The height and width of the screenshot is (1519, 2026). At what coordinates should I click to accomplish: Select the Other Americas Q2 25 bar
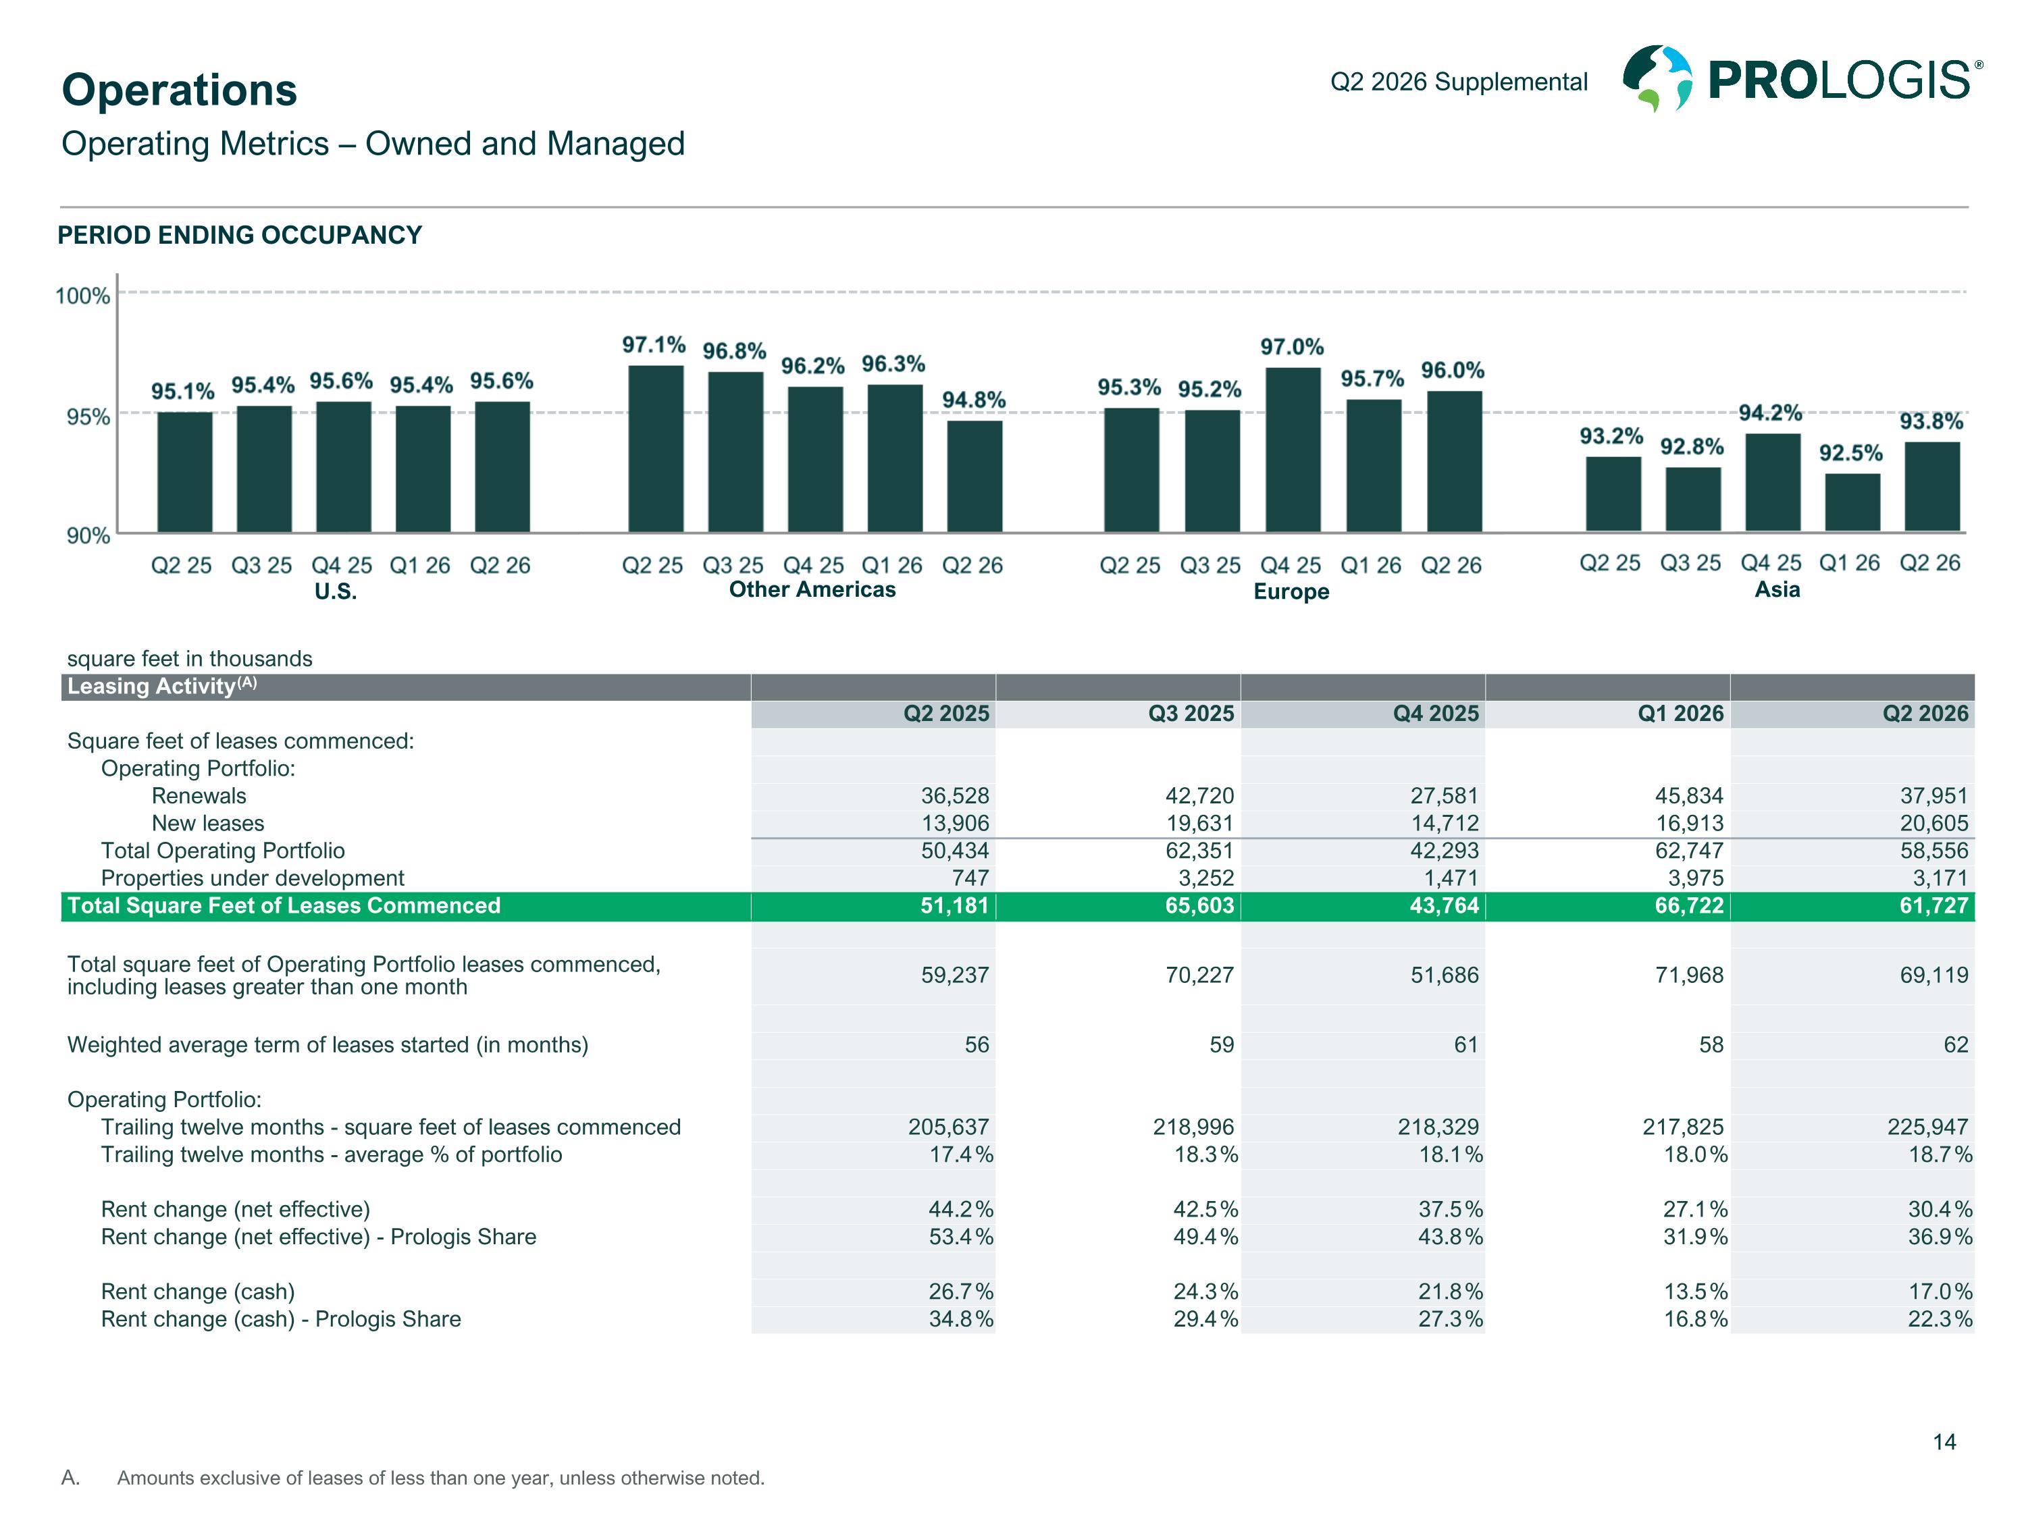tap(656, 449)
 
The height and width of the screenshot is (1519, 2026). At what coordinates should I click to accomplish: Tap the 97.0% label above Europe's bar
tap(1291, 347)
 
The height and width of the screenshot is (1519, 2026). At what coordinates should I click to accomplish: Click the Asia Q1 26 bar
tap(1852, 502)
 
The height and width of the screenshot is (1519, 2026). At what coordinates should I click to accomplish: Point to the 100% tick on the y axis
tap(82, 296)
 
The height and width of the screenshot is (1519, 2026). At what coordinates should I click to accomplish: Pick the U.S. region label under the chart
tap(335, 591)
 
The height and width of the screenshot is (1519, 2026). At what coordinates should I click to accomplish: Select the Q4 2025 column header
tap(1435, 714)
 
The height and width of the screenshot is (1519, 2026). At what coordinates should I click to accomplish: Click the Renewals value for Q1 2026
tap(1689, 796)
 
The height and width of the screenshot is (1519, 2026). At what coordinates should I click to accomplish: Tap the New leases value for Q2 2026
tap(1933, 823)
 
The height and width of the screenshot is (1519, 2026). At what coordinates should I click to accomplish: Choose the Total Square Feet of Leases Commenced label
tap(284, 905)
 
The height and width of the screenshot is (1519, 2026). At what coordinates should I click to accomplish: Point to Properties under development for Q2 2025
tap(970, 878)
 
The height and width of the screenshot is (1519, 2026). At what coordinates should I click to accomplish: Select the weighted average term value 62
tap(1956, 1044)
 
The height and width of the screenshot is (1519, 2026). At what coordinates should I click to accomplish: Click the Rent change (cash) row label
tap(198, 1292)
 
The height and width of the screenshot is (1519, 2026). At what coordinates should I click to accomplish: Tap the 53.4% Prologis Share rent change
tap(961, 1237)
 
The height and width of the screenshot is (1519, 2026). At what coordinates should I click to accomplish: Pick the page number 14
tap(1944, 1442)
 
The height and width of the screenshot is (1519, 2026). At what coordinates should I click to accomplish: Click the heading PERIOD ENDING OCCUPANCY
tap(240, 236)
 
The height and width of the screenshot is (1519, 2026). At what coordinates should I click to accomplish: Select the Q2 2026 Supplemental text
tap(1459, 82)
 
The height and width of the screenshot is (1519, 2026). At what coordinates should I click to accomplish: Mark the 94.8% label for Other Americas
tap(974, 400)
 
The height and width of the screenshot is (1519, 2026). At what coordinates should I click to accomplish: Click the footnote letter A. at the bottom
tap(70, 1478)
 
